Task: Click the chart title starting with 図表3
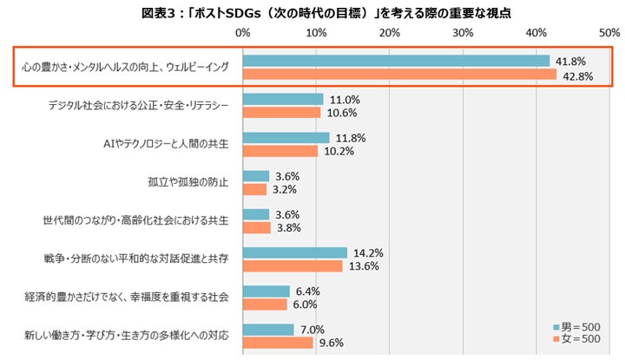[326, 13]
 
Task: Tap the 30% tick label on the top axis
[463, 33]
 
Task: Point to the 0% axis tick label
[243, 33]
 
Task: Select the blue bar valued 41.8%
[396, 61]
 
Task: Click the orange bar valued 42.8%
[400, 74]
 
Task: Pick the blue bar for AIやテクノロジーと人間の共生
[286, 138]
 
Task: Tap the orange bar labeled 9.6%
[279, 343]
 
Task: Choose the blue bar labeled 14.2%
[295, 253]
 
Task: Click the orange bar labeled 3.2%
[254, 189]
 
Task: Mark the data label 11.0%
[345, 100]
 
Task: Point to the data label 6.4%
[307, 291]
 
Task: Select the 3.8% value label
[288, 228]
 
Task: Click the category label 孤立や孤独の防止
[188, 182]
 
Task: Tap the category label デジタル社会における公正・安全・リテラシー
[139, 106]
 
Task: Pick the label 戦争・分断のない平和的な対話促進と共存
[136, 259]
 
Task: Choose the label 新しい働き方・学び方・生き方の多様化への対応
[127, 336]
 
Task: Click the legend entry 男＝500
[576, 327]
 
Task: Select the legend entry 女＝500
[576, 339]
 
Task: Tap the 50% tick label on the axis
[609, 33]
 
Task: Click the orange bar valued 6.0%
[265, 304]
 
